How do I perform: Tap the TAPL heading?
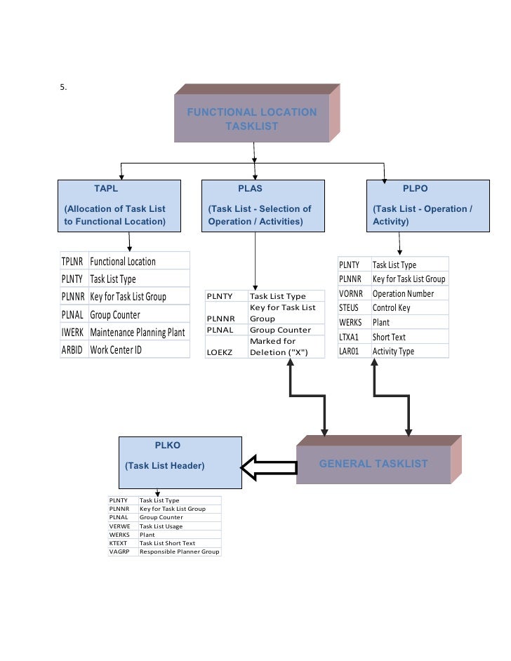[106, 189]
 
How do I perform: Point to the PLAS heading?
[250, 189]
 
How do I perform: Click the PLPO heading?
[416, 189]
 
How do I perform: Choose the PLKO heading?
[167, 445]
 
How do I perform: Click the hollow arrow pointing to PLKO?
[269, 467]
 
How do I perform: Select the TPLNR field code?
[72, 262]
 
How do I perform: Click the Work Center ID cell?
[116, 350]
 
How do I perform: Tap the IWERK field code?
[72, 332]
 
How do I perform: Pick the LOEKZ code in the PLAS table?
[219, 352]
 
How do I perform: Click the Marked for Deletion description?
[279, 347]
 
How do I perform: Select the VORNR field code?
[351, 293]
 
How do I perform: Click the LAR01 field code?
[349, 351]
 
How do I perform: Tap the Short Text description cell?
[389, 337]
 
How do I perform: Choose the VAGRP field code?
[119, 552]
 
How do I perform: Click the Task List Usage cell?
[161, 526]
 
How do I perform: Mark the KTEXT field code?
[118, 543]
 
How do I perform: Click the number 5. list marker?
[63, 87]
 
